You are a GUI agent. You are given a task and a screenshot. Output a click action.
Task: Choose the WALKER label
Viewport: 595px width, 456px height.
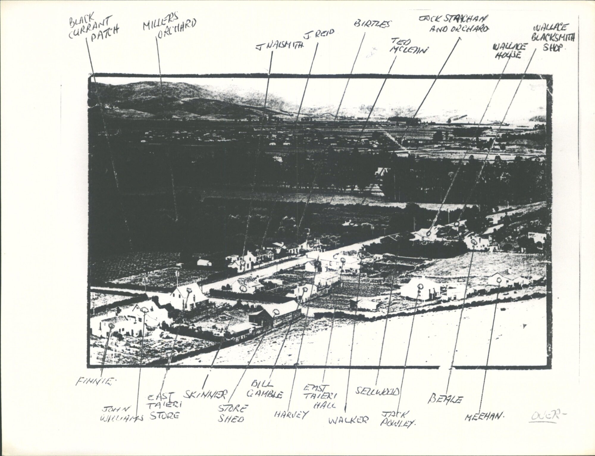(x=348, y=420)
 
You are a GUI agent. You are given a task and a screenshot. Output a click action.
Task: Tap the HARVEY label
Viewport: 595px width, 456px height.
(x=291, y=414)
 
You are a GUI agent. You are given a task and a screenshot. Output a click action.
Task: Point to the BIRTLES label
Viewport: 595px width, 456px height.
(x=372, y=24)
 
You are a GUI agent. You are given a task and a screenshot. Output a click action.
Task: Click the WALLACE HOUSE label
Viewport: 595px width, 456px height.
(x=506, y=50)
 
